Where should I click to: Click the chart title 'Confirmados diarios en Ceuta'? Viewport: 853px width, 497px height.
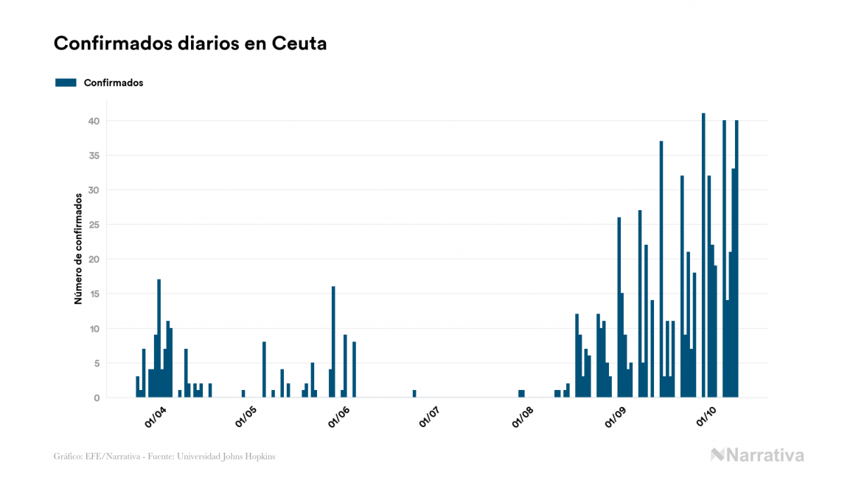tap(190, 44)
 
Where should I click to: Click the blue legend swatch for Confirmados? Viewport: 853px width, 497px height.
tap(66, 83)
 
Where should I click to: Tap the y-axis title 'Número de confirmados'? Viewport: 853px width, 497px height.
tap(77, 248)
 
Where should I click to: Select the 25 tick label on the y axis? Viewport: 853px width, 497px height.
tap(94, 225)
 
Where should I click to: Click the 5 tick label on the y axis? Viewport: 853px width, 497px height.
tap(97, 364)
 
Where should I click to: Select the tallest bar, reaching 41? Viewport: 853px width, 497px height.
tap(703, 255)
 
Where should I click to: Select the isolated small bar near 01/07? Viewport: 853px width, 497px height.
tap(414, 394)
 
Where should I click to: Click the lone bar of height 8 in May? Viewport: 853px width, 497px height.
tap(264, 369)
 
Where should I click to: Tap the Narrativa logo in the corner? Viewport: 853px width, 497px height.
tap(757, 455)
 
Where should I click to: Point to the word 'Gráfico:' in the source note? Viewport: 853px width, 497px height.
tap(67, 456)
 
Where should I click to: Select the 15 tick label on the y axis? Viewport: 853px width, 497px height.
tap(94, 294)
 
